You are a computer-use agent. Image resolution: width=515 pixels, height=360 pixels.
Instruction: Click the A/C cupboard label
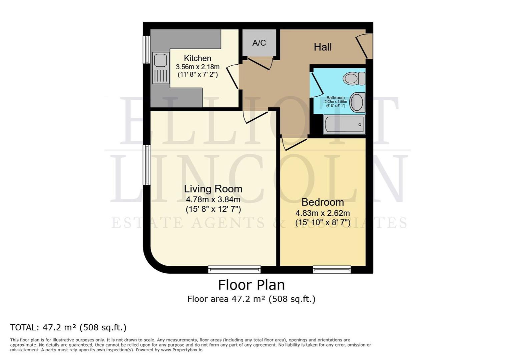pos(259,43)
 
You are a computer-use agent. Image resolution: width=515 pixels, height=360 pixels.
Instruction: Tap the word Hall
pos(323,47)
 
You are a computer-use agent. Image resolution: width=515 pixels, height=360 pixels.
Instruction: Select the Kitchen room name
pos(197,58)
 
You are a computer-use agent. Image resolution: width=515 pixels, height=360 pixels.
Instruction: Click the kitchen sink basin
pos(161,61)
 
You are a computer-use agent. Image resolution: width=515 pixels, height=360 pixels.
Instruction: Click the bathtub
pos(344,125)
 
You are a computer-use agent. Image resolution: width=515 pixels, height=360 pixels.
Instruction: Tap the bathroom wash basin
pos(357,102)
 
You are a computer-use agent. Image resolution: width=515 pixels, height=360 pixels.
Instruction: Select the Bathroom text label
pos(336,98)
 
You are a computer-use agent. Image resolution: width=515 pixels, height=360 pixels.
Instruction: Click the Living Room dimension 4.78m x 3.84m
pos(213,200)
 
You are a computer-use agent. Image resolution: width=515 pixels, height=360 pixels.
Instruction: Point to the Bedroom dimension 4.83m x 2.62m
pos(323,213)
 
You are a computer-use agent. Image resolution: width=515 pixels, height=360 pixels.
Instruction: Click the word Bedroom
pos(323,202)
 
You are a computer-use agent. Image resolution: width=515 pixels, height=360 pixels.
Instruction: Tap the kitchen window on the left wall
pos(146,49)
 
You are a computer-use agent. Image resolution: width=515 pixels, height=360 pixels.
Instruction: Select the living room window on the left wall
pos(147,165)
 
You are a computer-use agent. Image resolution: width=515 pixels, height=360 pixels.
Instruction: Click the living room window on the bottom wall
pos(234,269)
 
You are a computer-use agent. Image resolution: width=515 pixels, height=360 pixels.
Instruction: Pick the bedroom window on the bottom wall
pos(332,269)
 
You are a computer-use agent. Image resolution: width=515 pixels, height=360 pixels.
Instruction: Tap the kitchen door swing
pos(233,77)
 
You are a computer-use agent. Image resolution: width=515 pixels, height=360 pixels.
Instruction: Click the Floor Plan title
pos(251,285)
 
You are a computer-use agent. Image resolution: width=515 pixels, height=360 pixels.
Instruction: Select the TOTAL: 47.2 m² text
pos(68,327)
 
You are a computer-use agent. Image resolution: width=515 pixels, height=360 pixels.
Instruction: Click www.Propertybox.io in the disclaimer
pos(181,350)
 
